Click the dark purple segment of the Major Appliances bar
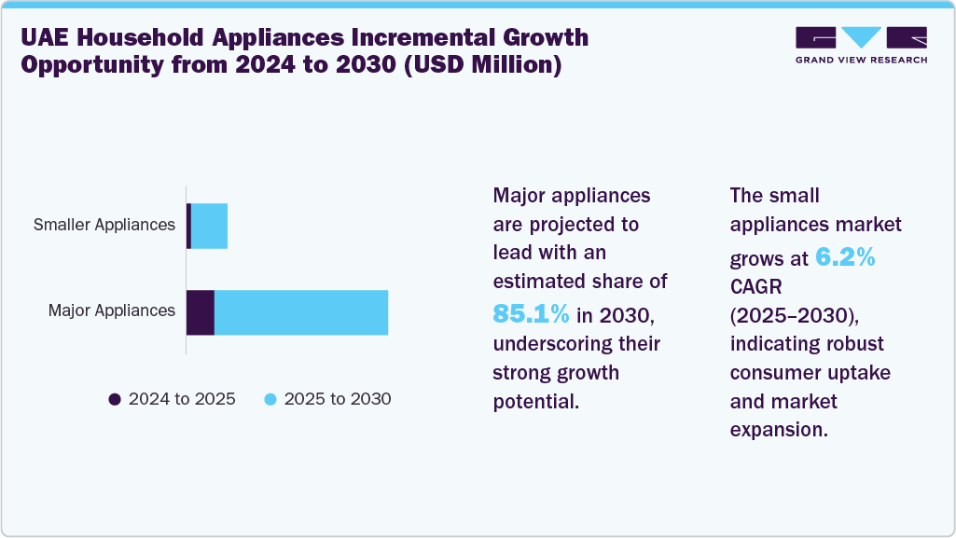(201, 312)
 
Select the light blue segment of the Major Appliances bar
(301, 312)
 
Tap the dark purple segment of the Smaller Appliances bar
(188, 226)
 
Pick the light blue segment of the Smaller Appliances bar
(209, 226)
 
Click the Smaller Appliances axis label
(104, 225)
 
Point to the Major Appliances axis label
(111, 310)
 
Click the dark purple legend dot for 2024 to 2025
(115, 399)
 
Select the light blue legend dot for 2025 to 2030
(270, 399)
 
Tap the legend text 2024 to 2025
(182, 399)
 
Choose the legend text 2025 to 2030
(337, 399)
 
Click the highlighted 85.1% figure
(531, 314)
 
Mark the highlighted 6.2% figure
(845, 258)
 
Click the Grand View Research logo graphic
(861, 37)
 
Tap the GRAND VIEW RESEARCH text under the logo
(861, 60)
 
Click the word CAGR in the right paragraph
(756, 285)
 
